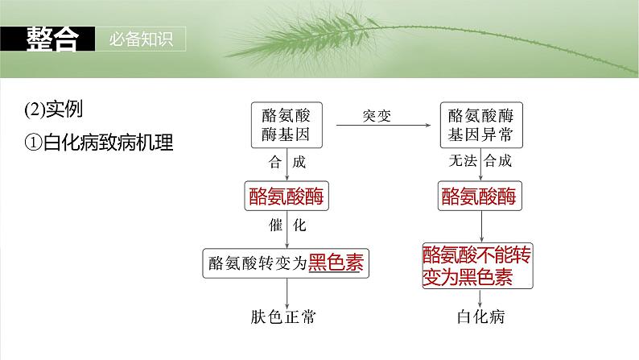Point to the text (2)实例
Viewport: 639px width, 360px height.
click(x=55, y=109)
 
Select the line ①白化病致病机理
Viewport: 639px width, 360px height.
click(x=99, y=143)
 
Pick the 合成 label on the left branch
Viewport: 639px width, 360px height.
click(x=287, y=162)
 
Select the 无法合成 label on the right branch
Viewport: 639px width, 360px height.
click(x=479, y=162)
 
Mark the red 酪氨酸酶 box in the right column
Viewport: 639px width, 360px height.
click(x=478, y=196)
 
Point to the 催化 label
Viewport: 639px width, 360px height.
click(x=287, y=226)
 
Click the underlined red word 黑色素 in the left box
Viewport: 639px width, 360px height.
click(x=334, y=263)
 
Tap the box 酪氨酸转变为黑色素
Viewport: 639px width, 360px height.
click(x=287, y=263)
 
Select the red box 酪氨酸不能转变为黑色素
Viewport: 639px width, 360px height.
click(x=478, y=266)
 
